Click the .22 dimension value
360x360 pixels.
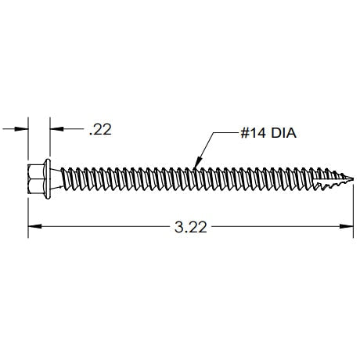point(101,131)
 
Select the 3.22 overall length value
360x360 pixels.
point(190,228)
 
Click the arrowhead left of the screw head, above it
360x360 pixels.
point(23,127)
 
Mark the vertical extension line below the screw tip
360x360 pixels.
point(347,207)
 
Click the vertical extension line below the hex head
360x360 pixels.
point(29,207)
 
